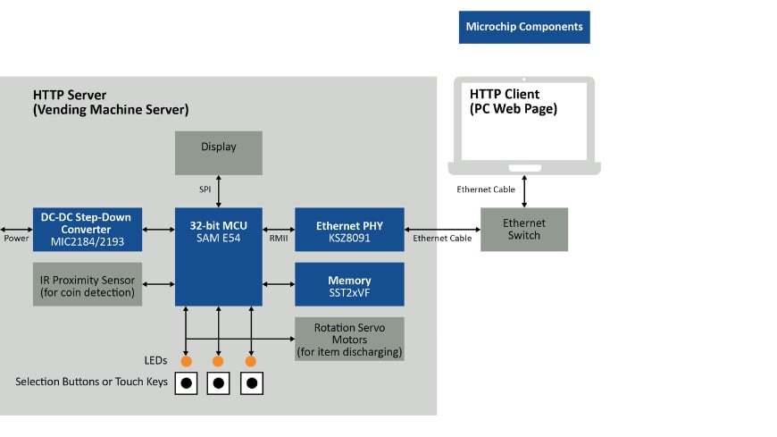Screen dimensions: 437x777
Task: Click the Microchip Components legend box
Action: click(x=523, y=27)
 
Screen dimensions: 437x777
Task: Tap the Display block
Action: click(x=218, y=153)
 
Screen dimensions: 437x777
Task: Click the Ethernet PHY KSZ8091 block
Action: click(x=349, y=230)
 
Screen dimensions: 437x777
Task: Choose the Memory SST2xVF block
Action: click(x=349, y=284)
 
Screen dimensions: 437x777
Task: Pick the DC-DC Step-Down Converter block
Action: click(x=87, y=230)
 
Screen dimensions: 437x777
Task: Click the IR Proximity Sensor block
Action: click(x=87, y=284)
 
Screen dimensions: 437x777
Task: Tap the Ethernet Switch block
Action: click(x=523, y=229)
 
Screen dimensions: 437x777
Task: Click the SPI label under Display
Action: click(x=205, y=189)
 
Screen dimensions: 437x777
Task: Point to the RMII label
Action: click(x=279, y=239)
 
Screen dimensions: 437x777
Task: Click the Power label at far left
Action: click(x=16, y=239)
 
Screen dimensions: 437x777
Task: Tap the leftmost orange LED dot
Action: click(x=186, y=361)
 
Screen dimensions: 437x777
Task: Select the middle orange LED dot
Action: click(x=218, y=361)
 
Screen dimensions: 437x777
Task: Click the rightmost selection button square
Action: click(x=251, y=383)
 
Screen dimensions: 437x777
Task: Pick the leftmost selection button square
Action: click(x=186, y=383)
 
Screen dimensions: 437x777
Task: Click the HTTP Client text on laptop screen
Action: click(x=514, y=101)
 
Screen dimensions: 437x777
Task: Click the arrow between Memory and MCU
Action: click(x=279, y=284)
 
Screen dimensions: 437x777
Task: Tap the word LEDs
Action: click(x=155, y=360)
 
